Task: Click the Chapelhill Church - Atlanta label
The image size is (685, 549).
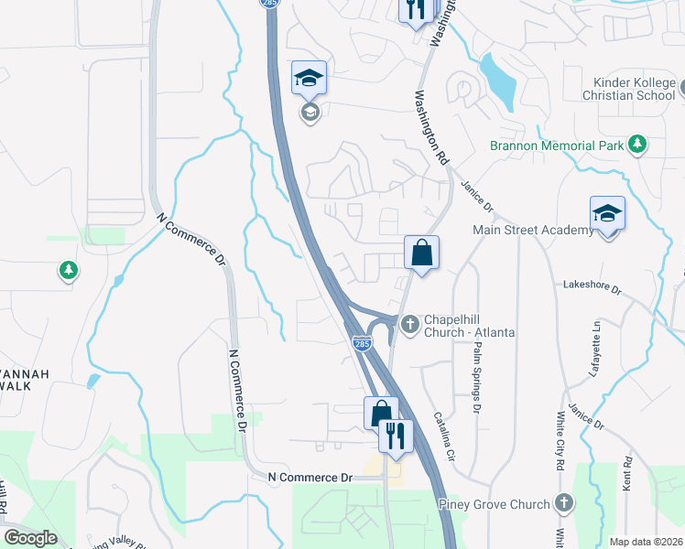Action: click(x=470, y=326)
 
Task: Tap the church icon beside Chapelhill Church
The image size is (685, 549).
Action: click(x=410, y=322)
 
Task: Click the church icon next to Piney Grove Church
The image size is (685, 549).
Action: click(x=564, y=503)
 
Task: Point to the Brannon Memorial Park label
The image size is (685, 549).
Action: click(x=555, y=145)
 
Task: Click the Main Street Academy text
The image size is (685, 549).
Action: click(x=533, y=230)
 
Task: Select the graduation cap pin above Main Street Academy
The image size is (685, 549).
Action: click(x=607, y=215)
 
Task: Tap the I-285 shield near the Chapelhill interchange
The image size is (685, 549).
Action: click(x=363, y=344)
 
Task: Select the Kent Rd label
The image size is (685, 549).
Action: click(x=627, y=475)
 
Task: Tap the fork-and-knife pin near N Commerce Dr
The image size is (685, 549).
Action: click(x=396, y=436)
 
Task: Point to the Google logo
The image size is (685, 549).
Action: click(x=29, y=538)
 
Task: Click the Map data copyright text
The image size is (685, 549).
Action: click(x=646, y=542)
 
